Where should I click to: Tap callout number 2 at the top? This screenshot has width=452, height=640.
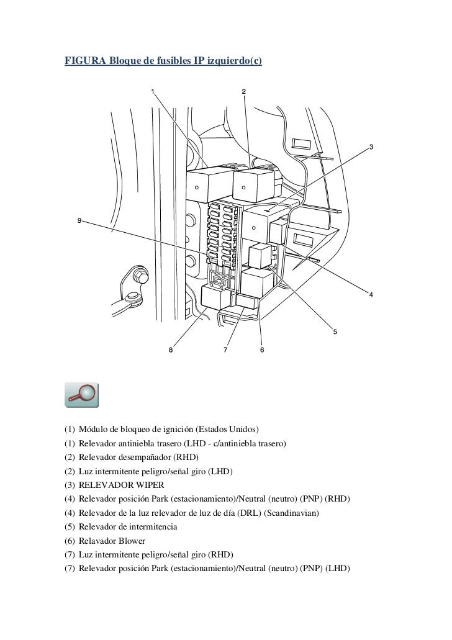click(x=243, y=92)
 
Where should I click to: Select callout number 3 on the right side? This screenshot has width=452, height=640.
click(x=371, y=146)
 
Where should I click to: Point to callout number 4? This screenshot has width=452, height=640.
click(x=371, y=294)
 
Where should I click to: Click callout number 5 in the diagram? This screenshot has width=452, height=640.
click(x=335, y=331)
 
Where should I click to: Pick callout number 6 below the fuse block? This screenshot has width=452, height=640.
click(x=262, y=350)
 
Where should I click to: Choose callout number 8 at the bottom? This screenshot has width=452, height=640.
click(x=172, y=350)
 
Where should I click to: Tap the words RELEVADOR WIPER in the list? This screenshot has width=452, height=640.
click(x=117, y=485)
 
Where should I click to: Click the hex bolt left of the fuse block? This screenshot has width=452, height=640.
click(x=137, y=275)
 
